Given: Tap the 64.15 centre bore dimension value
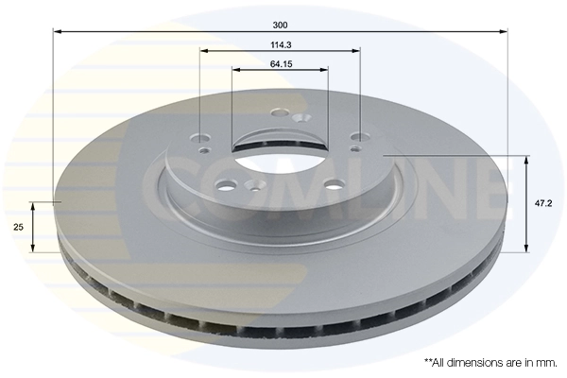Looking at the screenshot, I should (x=280, y=63).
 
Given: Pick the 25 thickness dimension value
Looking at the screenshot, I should (x=18, y=228).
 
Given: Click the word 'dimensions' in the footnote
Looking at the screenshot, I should (x=474, y=362).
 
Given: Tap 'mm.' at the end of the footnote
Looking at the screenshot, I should (x=545, y=362).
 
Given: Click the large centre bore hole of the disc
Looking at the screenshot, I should (x=269, y=157).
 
